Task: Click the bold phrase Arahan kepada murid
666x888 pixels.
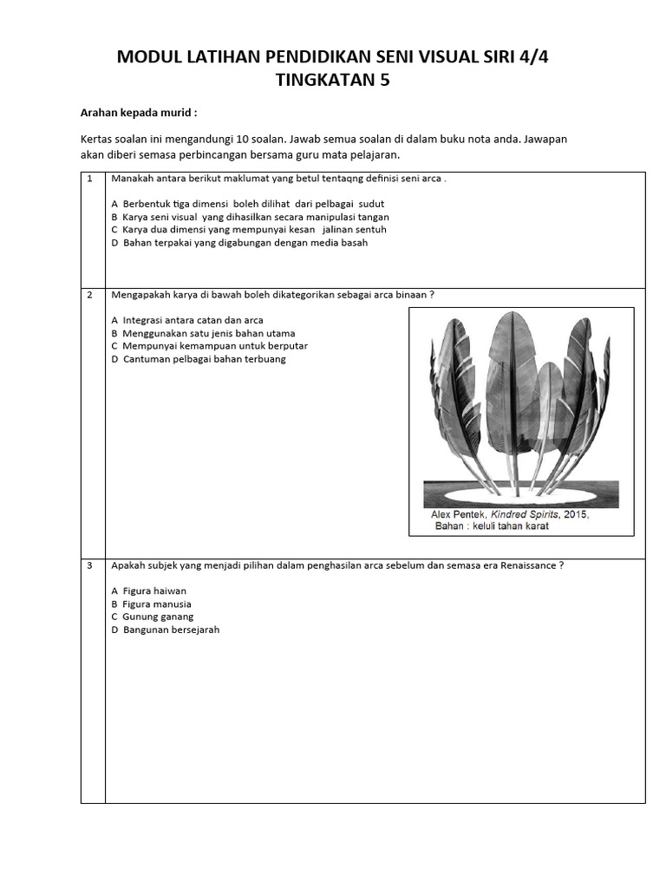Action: pos(139,113)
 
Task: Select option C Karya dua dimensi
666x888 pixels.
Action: pos(248,230)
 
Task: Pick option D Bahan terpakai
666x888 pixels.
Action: pos(239,243)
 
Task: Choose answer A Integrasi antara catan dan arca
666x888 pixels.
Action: pos(186,320)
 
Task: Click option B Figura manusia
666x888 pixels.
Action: pos(151,604)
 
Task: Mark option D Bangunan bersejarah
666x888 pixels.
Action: pos(165,630)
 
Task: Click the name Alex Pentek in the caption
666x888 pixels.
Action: pos(460,514)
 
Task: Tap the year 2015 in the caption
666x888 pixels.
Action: pos(574,514)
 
